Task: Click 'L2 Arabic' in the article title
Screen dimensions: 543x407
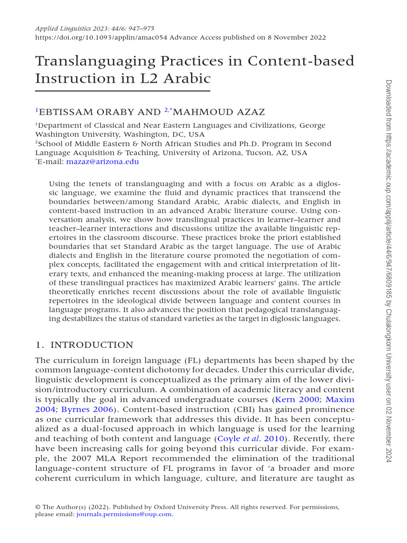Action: (181, 78)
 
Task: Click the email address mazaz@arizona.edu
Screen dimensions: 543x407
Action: (102, 161)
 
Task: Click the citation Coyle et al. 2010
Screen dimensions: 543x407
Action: (256, 439)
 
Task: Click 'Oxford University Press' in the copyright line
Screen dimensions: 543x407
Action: (187, 507)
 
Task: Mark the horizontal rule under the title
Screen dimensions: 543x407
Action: (122, 91)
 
